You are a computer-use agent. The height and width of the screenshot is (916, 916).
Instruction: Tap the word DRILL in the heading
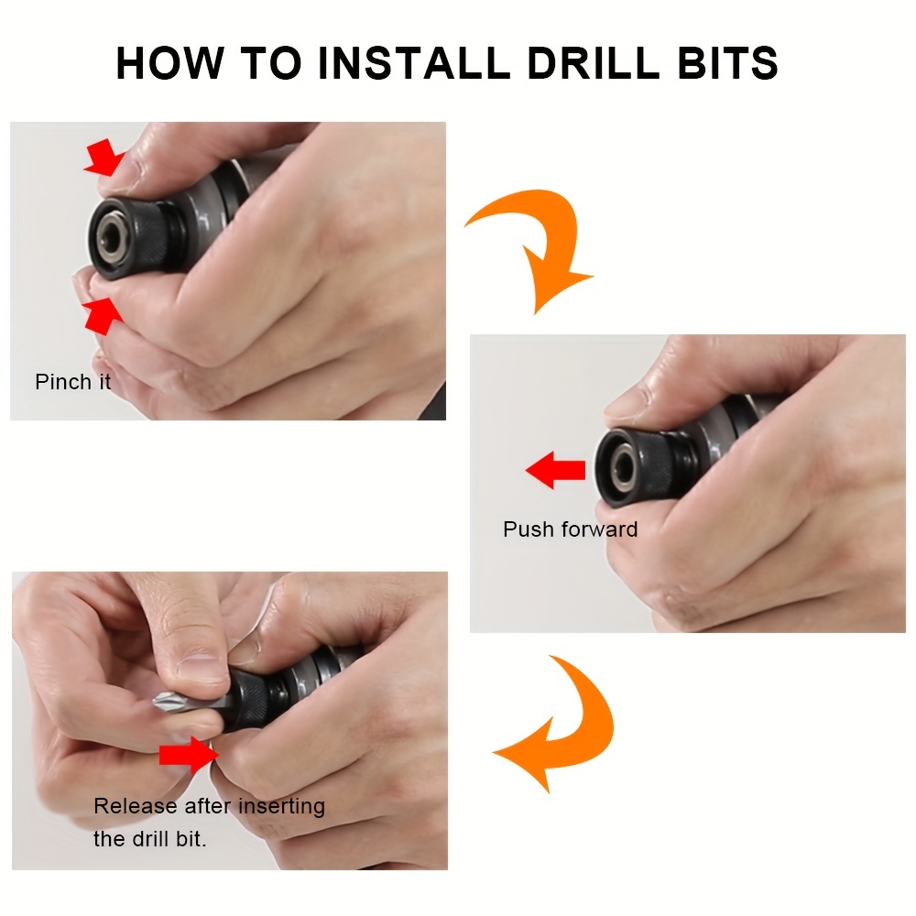click(x=594, y=63)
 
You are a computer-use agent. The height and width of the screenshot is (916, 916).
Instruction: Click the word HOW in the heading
click(x=169, y=63)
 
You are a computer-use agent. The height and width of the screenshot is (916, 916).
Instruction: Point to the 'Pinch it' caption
click(x=73, y=382)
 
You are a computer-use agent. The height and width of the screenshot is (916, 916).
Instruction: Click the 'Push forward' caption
click(x=570, y=529)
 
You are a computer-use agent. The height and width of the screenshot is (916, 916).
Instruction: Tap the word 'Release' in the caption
click(x=136, y=806)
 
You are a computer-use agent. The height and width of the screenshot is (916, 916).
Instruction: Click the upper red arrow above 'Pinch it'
click(x=104, y=158)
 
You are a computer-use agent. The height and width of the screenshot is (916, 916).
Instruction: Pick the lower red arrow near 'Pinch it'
click(x=103, y=316)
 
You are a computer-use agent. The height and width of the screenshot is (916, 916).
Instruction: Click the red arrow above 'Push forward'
click(x=555, y=470)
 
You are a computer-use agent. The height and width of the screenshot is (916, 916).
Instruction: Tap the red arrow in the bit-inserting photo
click(x=189, y=755)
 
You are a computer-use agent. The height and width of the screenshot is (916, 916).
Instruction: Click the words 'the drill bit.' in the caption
click(x=150, y=839)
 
